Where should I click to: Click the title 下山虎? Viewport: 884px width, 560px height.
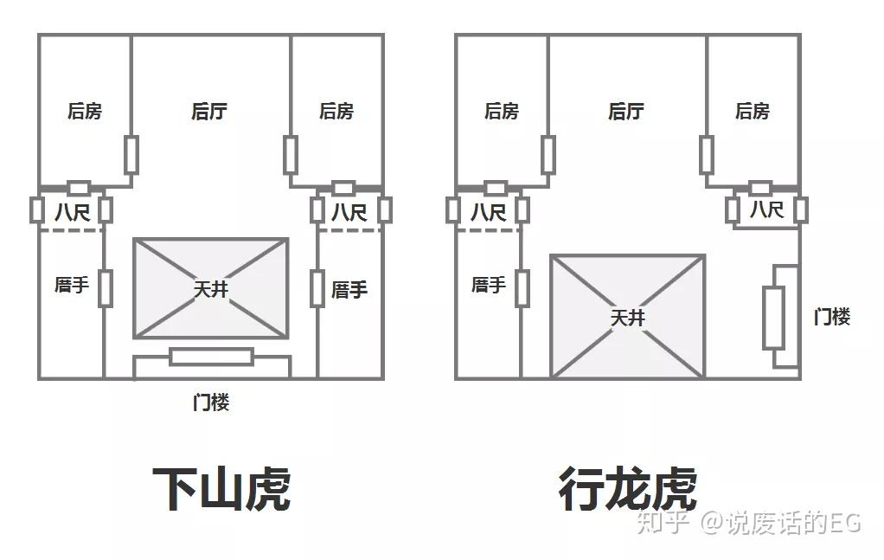(221, 488)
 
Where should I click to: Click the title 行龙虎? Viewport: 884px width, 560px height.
(627, 488)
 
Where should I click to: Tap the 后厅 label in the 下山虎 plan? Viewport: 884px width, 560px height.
(209, 111)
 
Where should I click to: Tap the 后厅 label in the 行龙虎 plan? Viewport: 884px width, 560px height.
(626, 111)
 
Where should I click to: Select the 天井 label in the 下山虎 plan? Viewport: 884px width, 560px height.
(210, 289)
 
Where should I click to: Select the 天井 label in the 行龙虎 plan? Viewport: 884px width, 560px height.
(628, 318)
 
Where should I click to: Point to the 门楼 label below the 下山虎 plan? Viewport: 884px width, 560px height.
(210, 402)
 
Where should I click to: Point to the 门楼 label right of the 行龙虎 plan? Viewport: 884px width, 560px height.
(832, 317)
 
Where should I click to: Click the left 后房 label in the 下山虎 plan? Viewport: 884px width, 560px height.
(85, 111)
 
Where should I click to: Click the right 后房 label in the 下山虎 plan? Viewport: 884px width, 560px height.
(336, 111)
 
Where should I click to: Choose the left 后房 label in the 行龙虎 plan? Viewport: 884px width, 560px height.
(502, 111)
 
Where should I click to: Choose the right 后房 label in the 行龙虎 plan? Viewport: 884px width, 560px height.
(753, 111)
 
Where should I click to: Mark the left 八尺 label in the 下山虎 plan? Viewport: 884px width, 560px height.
(72, 211)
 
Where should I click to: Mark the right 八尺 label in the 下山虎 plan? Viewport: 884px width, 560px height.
(349, 211)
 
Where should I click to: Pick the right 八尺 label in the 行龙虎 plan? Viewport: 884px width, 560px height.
(765, 209)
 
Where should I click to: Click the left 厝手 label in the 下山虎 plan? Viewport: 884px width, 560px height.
(72, 285)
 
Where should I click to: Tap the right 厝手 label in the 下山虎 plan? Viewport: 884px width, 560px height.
(349, 290)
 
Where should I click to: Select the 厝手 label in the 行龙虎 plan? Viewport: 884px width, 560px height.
(489, 285)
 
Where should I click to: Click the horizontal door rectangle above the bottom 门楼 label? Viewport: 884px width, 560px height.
(211, 357)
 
